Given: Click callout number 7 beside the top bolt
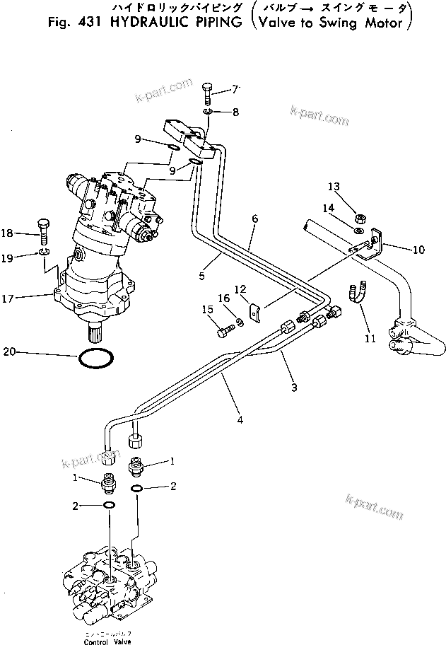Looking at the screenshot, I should pos(236,90).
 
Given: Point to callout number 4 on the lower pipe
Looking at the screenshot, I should pos(240,420).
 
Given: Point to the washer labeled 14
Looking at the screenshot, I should pos(359,230).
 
